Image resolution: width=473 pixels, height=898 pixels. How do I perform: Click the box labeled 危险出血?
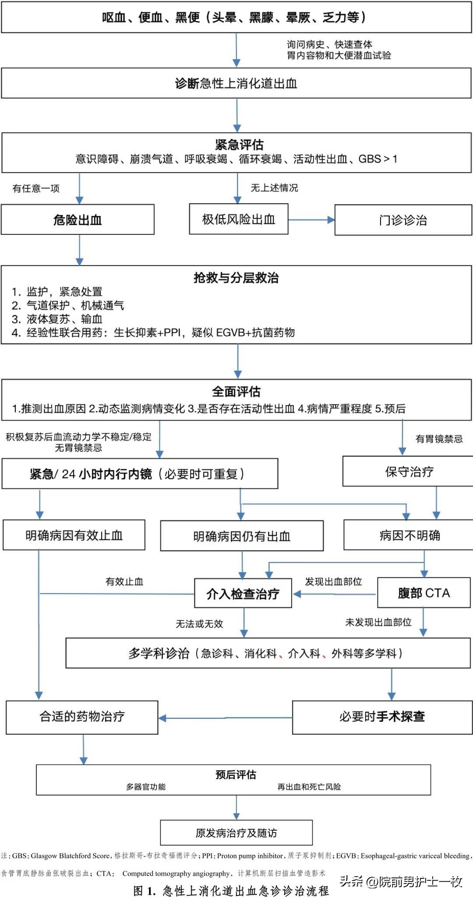tap(78, 219)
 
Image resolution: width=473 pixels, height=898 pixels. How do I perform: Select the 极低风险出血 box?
tap(239, 219)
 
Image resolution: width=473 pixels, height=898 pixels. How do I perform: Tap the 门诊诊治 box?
tap(403, 220)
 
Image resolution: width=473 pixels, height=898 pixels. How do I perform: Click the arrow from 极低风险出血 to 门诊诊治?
tap(311, 220)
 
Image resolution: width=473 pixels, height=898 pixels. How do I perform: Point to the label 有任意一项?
tap(36, 188)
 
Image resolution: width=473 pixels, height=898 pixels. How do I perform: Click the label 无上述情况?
tap(274, 188)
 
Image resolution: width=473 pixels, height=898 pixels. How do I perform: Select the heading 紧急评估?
tap(239, 145)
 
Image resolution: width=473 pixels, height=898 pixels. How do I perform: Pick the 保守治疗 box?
tap(409, 471)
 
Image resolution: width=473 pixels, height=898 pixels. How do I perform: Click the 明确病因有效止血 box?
tap(74, 535)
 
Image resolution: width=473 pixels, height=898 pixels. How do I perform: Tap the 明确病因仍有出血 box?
tap(242, 536)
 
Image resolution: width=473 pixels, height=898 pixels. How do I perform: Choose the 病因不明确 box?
tap(409, 535)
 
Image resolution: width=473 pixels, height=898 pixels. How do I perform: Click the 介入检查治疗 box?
tap(243, 594)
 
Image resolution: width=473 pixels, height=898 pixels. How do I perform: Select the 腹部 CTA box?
tap(424, 593)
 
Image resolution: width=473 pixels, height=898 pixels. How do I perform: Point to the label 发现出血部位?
tap(333, 582)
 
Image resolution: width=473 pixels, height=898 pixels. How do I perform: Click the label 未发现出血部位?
tap(378, 622)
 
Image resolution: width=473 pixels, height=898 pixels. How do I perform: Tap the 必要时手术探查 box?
tap(382, 716)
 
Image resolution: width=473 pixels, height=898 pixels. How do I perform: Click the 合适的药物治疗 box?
tap(82, 716)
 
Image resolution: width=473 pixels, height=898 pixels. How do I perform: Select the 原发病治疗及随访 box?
tap(236, 833)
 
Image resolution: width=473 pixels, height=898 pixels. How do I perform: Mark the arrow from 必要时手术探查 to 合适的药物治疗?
tap(225, 718)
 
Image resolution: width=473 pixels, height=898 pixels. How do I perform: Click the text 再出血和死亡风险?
tap(309, 787)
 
